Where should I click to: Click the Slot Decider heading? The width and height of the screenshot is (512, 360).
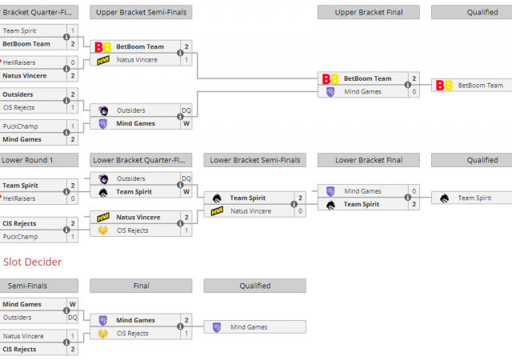pos(33,262)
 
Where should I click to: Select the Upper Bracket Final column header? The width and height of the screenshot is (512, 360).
pos(368,12)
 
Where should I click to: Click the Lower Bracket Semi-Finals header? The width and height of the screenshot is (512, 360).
pos(254,160)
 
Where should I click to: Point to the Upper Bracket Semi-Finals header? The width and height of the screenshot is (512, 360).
pos(141,12)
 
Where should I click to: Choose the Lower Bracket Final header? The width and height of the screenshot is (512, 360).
pos(368,160)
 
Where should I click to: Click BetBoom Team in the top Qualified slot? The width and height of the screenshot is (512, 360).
pos(480,85)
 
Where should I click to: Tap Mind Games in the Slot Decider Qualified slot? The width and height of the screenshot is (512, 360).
pos(250,326)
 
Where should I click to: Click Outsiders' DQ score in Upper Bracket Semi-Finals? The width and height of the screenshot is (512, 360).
pos(186,110)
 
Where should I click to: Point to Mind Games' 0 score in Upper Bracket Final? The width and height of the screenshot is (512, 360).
pos(414,91)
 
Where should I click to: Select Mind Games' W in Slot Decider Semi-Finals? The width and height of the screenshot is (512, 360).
pos(73,304)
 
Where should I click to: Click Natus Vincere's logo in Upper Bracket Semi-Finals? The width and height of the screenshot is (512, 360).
pos(103,60)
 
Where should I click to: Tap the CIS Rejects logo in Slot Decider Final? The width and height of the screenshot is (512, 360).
pos(103,333)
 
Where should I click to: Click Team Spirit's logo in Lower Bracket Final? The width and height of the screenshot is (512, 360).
pos(331,204)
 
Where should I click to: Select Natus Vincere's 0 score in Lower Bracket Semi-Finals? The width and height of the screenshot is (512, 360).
pos(301,211)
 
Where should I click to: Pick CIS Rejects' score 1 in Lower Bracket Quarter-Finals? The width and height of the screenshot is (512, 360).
pos(186,230)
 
